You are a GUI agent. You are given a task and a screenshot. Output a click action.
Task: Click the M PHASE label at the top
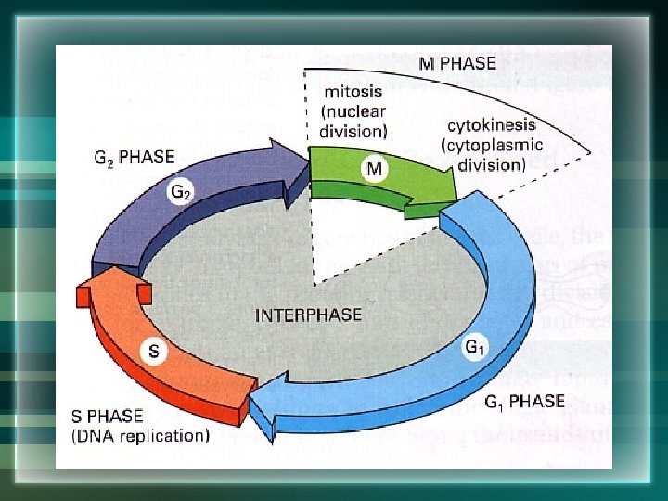tap(457, 63)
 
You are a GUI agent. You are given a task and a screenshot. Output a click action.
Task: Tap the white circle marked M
tap(373, 169)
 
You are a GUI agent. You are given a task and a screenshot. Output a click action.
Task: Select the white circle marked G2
tap(181, 193)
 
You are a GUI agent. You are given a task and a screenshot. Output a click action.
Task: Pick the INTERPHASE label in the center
tap(308, 315)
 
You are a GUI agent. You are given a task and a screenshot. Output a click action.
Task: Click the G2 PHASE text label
tap(135, 157)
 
